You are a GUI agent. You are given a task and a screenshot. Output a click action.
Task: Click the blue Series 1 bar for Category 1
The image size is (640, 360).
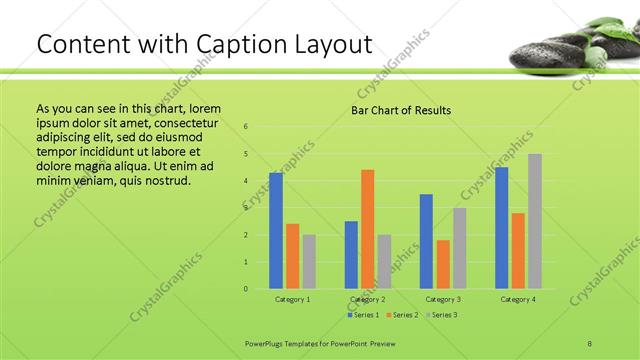276,231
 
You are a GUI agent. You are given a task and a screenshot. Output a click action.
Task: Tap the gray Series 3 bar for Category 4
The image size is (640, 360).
535,221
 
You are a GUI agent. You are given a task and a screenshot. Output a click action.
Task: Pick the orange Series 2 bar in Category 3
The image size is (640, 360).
443,264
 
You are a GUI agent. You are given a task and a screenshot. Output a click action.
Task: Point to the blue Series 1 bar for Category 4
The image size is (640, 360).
501,228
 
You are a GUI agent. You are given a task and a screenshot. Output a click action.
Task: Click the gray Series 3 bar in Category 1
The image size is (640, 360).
309,262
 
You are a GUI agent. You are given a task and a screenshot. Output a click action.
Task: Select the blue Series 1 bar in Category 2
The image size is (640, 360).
351,255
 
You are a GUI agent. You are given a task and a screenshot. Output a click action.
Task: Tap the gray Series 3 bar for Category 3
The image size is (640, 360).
460,248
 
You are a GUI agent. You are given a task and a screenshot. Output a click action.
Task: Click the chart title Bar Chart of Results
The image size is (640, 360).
400,110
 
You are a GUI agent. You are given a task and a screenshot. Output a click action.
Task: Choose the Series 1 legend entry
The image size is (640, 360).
363,315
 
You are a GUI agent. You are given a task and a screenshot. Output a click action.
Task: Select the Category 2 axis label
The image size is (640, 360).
368,299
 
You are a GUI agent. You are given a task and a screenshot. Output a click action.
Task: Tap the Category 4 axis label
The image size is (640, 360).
518,299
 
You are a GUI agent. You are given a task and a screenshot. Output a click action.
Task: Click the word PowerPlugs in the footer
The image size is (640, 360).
267,342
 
